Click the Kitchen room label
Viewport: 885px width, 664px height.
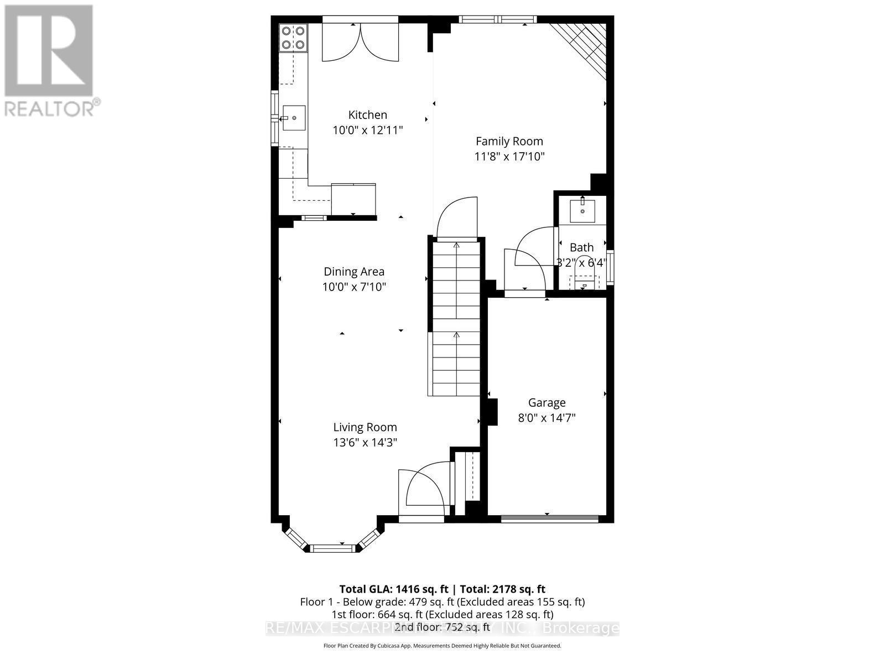coord(367,115)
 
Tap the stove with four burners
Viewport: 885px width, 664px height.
coord(293,38)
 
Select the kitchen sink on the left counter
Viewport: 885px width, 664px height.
coord(294,118)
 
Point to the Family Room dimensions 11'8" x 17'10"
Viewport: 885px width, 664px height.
coord(509,157)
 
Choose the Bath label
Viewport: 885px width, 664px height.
coord(581,247)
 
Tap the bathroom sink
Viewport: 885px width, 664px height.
coord(582,210)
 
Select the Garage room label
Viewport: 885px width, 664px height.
coord(546,403)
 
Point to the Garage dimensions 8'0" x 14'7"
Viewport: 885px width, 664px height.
coord(546,418)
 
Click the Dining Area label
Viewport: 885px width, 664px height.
coord(354,272)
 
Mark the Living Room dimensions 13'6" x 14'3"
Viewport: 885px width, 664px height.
coord(365,442)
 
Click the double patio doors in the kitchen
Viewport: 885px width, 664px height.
coord(360,41)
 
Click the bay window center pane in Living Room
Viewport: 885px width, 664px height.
coord(331,548)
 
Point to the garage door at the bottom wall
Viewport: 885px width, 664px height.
coord(549,519)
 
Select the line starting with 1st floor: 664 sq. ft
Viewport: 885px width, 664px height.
coord(442,614)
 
